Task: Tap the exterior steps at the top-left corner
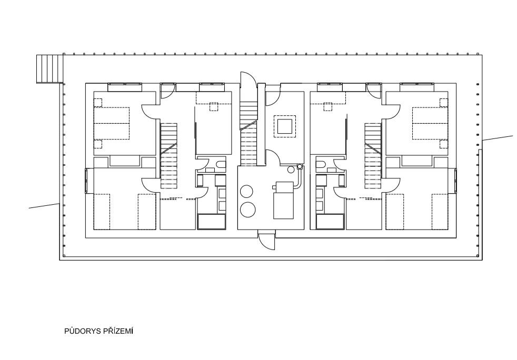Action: click(x=49, y=68)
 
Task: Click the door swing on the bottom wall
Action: click(x=266, y=242)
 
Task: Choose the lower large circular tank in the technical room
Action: click(x=247, y=209)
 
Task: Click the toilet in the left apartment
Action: click(x=220, y=165)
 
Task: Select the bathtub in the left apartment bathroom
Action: click(x=212, y=221)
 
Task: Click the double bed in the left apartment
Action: click(x=112, y=124)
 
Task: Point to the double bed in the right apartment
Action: click(x=430, y=124)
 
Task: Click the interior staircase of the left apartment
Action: click(x=169, y=156)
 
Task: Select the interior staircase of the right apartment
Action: click(x=373, y=156)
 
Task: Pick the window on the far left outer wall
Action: click(x=87, y=180)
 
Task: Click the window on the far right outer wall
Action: click(x=455, y=180)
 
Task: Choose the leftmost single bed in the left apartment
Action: click(x=102, y=212)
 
